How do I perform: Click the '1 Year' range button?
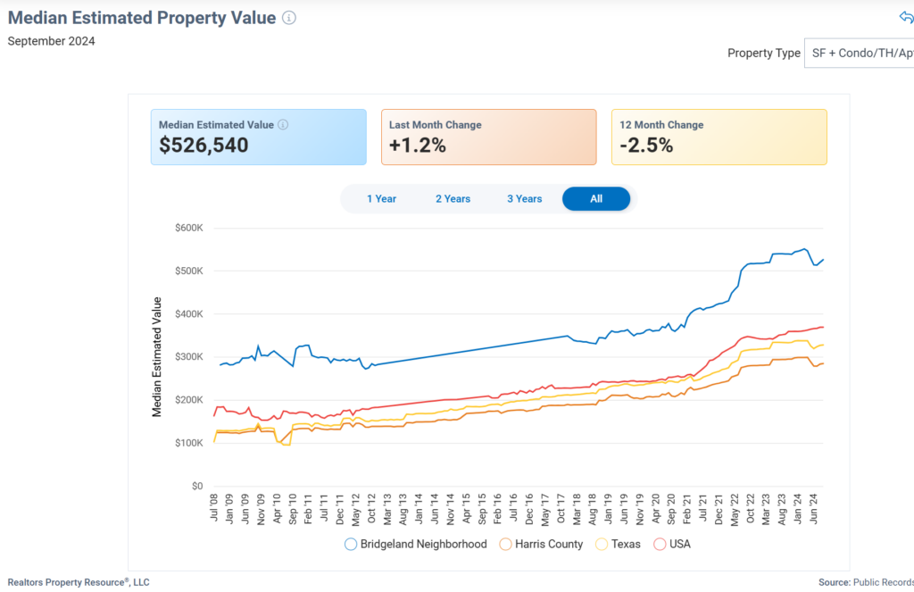coord(381,199)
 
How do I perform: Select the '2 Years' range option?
coord(453,199)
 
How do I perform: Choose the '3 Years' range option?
coord(524,199)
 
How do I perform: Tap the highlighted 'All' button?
coord(595,199)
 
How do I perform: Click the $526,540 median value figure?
coord(204,146)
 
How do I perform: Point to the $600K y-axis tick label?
coord(189,228)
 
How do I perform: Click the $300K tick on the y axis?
coord(189,357)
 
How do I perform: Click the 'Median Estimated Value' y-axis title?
coord(157,357)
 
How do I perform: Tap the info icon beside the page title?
coord(288,18)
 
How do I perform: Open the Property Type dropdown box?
coord(859,54)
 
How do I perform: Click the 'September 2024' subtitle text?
coord(51,41)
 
